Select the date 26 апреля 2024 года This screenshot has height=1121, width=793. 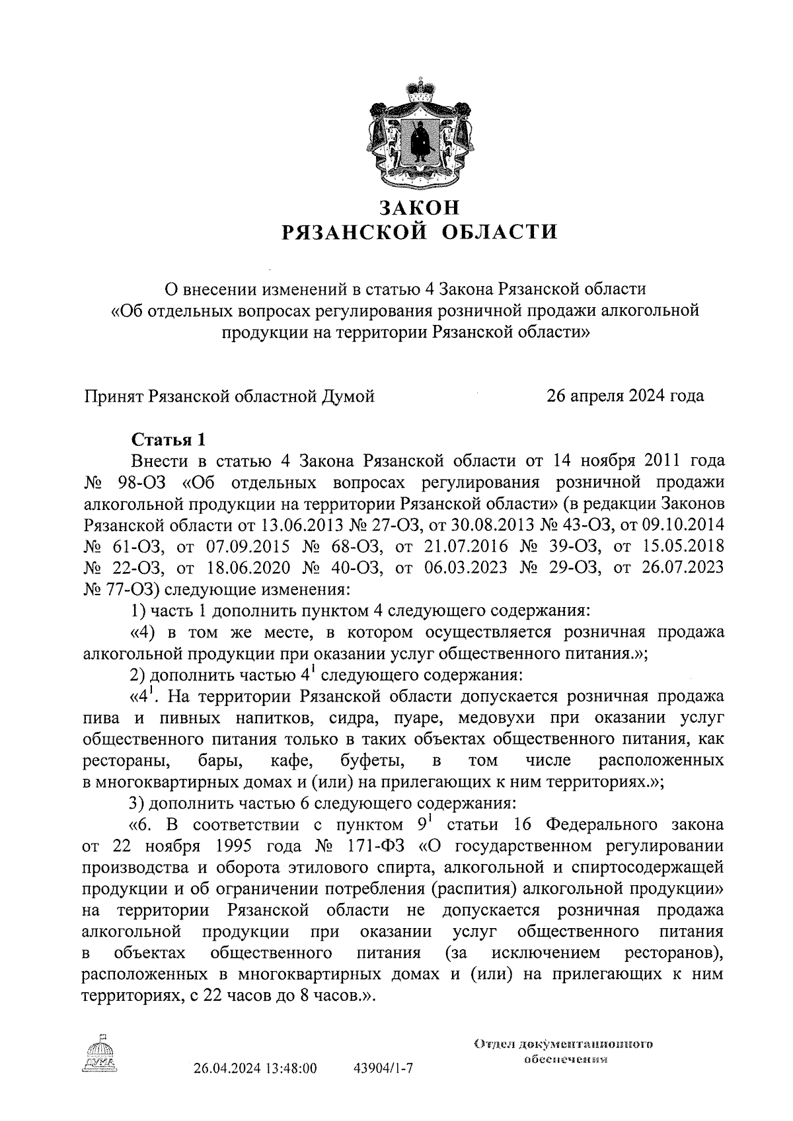pos(624,396)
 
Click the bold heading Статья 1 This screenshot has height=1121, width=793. pos(169,439)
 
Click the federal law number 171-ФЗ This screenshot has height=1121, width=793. pos(371,846)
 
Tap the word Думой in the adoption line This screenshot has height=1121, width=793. pos(348,396)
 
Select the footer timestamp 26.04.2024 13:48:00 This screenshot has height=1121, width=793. pos(255,1068)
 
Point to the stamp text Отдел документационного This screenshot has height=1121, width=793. pos(563,1045)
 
